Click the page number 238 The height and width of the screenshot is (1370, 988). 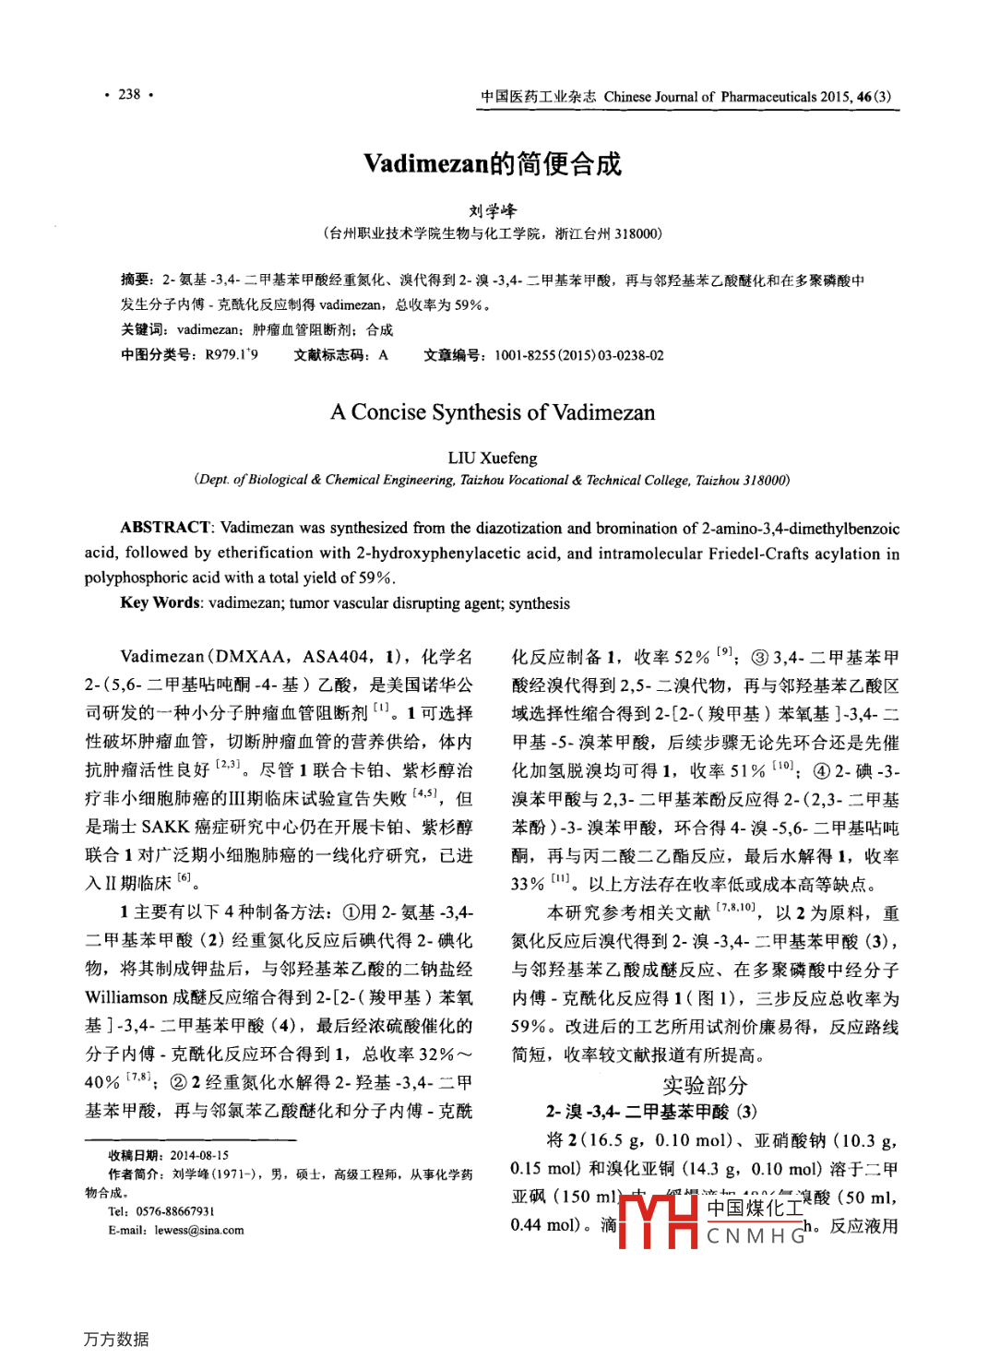[x=129, y=94]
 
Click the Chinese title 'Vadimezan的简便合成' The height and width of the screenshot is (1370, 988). [x=493, y=164]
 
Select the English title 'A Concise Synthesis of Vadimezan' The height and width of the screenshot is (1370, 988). [x=493, y=412]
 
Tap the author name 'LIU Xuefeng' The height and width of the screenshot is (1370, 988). [x=493, y=458]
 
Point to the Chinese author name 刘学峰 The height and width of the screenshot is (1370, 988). [x=493, y=211]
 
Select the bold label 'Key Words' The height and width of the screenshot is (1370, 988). [x=160, y=603]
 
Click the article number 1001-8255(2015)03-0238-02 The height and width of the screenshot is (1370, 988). [x=578, y=355]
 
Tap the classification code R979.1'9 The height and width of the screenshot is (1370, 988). [x=232, y=355]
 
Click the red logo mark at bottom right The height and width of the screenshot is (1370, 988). [x=657, y=1220]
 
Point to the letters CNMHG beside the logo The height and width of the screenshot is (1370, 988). [x=756, y=1236]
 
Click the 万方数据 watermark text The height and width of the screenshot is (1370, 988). [x=116, y=1339]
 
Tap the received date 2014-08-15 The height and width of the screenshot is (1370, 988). [x=199, y=1155]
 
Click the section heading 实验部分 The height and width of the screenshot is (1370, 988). [x=705, y=1085]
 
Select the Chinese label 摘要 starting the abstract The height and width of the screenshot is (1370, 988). [x=136, y=280]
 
